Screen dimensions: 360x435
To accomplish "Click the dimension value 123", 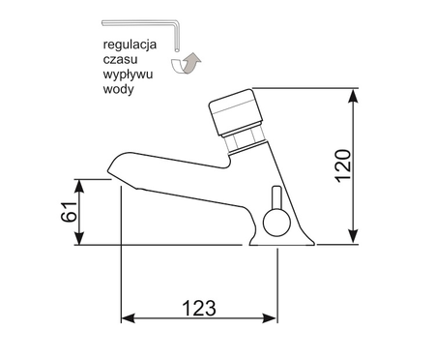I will coord(197,308).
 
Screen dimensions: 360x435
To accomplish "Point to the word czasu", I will coord(122,60).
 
